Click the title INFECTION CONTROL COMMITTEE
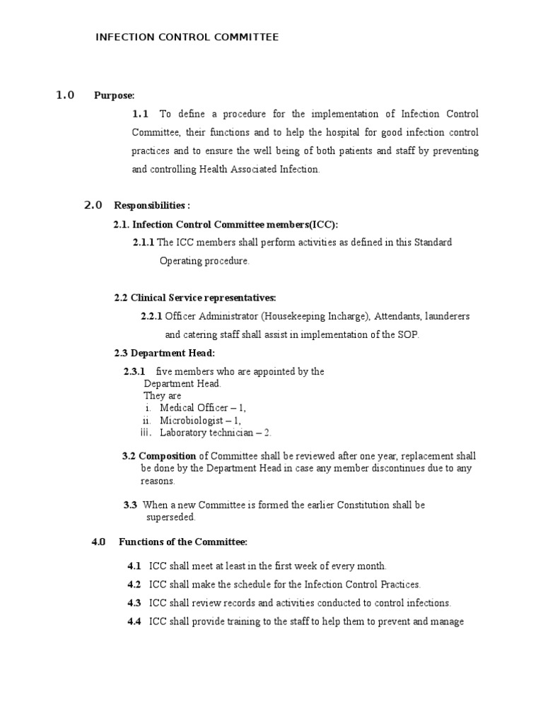tap(187, 37)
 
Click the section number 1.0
tap(65, 95)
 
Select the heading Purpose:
tap(114, 96)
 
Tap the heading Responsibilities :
tap(152, 206)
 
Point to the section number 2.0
tap(93, 206)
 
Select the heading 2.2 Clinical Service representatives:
tap(195, 298)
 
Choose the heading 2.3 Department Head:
tap(164, 353)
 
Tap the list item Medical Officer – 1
tap(203, 408)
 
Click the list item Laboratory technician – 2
tap(215, 432)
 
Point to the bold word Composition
tap(168, 455)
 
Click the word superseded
tap(170, 517)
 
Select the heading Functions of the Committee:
tap(182, 542)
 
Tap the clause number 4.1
tap(134, 566)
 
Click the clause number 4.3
tap(134, 603)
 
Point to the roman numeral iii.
tap(145, 432)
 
